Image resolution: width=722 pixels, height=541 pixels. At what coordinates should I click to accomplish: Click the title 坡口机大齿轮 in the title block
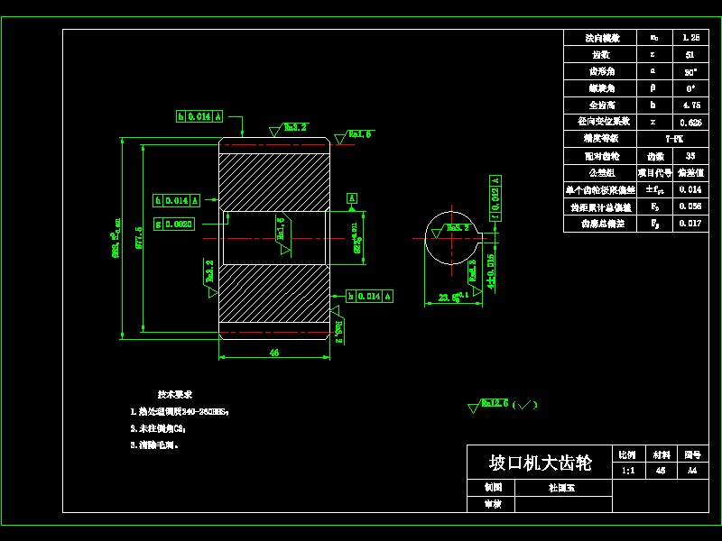pos(540,463)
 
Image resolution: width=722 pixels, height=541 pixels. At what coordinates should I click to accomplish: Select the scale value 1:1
pos(628,471)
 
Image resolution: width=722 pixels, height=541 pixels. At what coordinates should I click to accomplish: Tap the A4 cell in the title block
pos(691,471)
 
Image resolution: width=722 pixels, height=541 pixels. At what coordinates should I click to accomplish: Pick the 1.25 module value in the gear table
pos(691,38)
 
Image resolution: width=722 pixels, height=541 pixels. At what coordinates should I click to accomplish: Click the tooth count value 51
pos(691,54)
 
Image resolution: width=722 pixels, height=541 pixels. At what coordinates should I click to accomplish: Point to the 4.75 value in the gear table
pos(691,105)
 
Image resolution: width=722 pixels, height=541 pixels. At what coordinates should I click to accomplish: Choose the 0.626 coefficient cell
pos(691,122)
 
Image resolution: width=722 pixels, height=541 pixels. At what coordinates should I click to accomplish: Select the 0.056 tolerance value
pos(691,206)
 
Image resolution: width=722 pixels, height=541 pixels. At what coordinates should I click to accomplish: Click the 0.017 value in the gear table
pos(691,224)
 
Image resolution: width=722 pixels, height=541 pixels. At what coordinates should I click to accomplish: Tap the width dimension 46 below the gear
pos(273,353)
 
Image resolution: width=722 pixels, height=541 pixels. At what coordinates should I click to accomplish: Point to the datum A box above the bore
pos(352,197)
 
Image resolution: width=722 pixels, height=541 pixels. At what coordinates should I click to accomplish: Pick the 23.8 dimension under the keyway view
pos(449,296)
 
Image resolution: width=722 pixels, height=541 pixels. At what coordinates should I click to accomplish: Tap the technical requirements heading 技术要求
pos(174,395)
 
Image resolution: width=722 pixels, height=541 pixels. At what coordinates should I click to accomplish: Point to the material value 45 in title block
pos(661,471)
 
